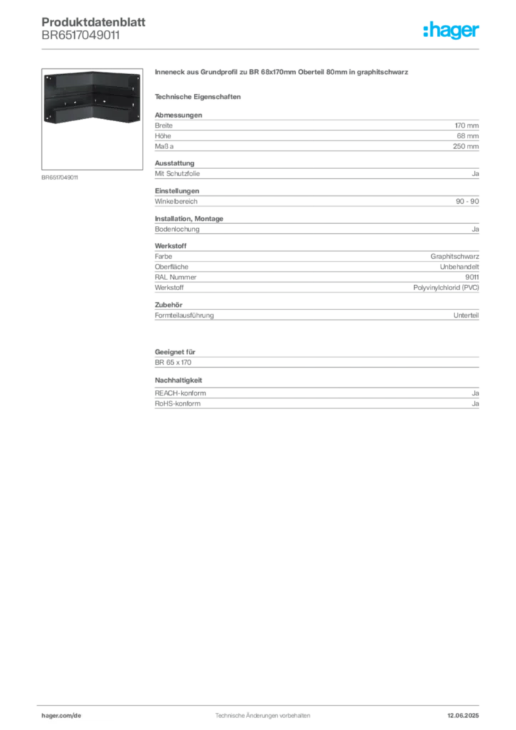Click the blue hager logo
point(452,31)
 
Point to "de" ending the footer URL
point(78,714)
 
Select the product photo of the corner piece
point(89,97)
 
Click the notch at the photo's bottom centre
point(90,122)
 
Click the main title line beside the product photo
point(282,74)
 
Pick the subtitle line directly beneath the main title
point(200,96)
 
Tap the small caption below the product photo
point(60,177)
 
